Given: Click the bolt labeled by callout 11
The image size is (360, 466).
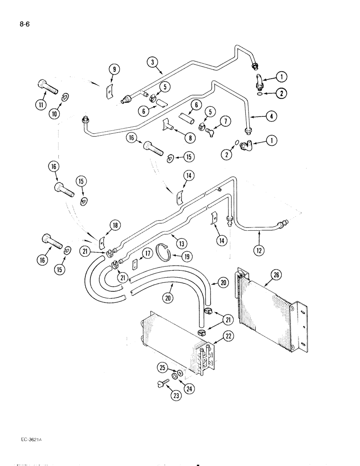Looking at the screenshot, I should coord(45,87).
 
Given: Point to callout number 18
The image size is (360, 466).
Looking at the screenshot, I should coord(114,226).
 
